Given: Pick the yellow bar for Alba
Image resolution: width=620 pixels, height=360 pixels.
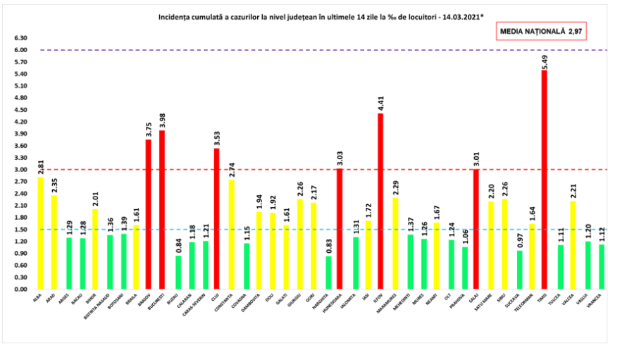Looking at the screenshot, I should pos(40,232).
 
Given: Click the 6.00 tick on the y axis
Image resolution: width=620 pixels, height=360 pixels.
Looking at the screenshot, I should pos(20,50).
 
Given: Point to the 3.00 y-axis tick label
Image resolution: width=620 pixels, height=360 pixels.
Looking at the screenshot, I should pos(20,170).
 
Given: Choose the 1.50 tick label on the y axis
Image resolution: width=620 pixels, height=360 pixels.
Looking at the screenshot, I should pos(20,229).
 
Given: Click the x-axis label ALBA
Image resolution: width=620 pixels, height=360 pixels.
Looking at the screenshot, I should pos(37,299).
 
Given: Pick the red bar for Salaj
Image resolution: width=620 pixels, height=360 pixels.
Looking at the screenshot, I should pos(476,229).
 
